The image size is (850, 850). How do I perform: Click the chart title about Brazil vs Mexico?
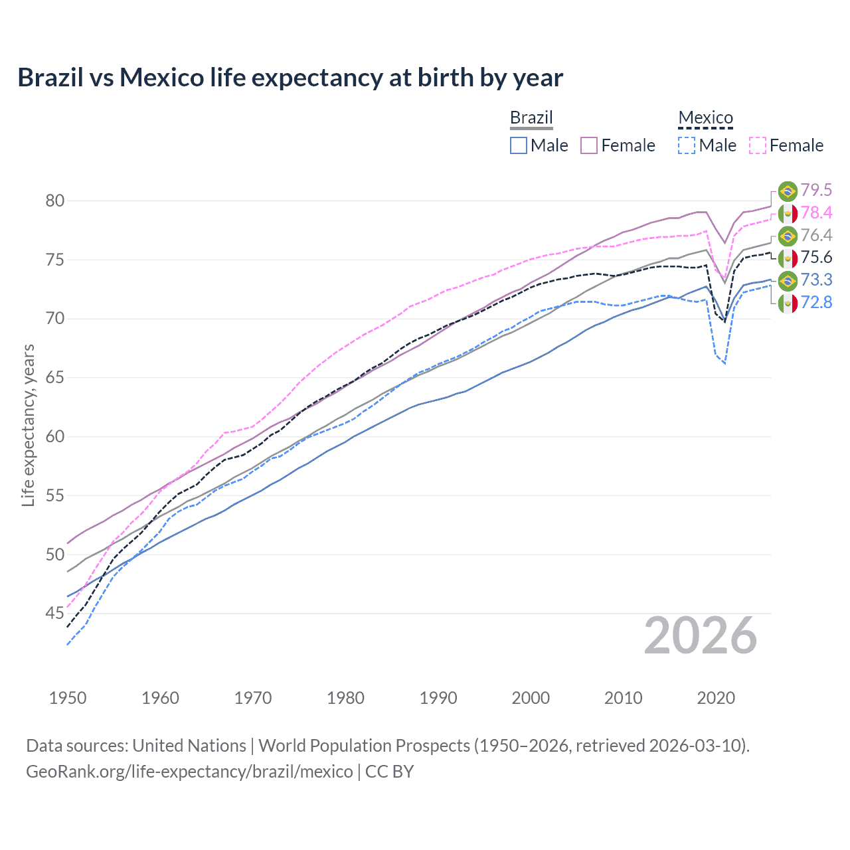tap(290, 78)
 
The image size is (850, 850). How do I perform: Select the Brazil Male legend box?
tap(519, 145)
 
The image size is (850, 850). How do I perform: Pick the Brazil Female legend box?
tap(589, 145)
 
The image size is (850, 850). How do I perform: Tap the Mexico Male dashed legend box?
tap(687, 145)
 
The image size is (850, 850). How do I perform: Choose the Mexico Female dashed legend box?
tap(757, 145)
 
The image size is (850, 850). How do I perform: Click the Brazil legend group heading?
tap(531, 118)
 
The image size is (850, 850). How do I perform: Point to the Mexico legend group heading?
tap(705, 118)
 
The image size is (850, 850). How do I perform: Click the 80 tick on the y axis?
tap(54, 201)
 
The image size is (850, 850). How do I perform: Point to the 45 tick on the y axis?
tap(54, 614)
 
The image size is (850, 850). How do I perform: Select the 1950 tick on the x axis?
tap(68, 698)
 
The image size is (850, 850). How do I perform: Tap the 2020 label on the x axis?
tap(716, 698)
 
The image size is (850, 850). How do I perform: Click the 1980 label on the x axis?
tap(345, 698)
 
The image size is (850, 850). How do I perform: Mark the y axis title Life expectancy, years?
tap(28, 425)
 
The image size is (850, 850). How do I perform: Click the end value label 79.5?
tap(816, 191)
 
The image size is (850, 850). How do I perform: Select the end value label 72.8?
tap(816, 303)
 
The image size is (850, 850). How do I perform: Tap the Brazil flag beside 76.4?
tap(788, 236)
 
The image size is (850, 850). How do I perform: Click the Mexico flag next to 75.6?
tap(788, 258)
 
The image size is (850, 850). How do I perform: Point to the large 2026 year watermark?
tap(701, 636)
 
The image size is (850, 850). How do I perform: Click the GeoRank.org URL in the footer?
tap(189, 772)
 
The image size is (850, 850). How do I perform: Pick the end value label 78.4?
tap(816, 213)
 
